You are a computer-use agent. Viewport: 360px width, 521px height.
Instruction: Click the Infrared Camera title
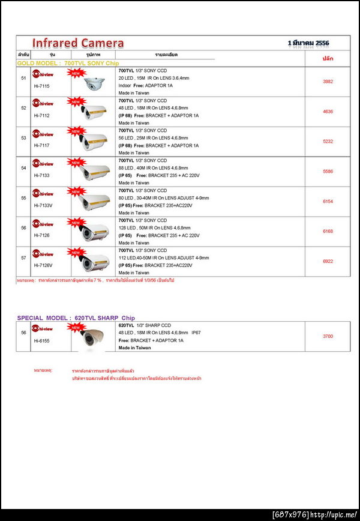pyautogui.click(x=78, y=43)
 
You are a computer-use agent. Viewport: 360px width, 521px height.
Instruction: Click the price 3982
pyautogui.click(x=328, y=82)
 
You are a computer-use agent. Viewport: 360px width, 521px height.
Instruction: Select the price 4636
pyautogui.click(x=328, y=112)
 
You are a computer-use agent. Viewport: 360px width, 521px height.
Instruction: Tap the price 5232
pyautogui.click(x=328, y=142)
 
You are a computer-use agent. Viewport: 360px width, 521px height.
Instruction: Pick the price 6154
pyautogui.click(x=328, y=202)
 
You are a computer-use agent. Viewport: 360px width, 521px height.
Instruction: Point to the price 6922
pyautogui.click(x=328, y=262)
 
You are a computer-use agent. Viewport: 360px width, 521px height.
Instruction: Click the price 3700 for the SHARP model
pyautogui.click(x=328, y=337)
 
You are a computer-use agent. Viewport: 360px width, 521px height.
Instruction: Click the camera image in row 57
pyautogui.click(x=96, y=262)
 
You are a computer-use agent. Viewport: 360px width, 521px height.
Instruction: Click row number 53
pyautogui.click(x=23, y=138)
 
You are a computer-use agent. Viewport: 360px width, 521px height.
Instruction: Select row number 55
pyautogui.click(x=23, y=198)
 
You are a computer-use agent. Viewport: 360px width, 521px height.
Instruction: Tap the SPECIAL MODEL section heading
pyautogui.click(x=76, y=318)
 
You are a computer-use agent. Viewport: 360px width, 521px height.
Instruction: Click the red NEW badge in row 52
pyautogui.click(x=76, y=103)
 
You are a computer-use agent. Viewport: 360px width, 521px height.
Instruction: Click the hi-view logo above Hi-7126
pyautogui.click(x=43, y=224)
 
